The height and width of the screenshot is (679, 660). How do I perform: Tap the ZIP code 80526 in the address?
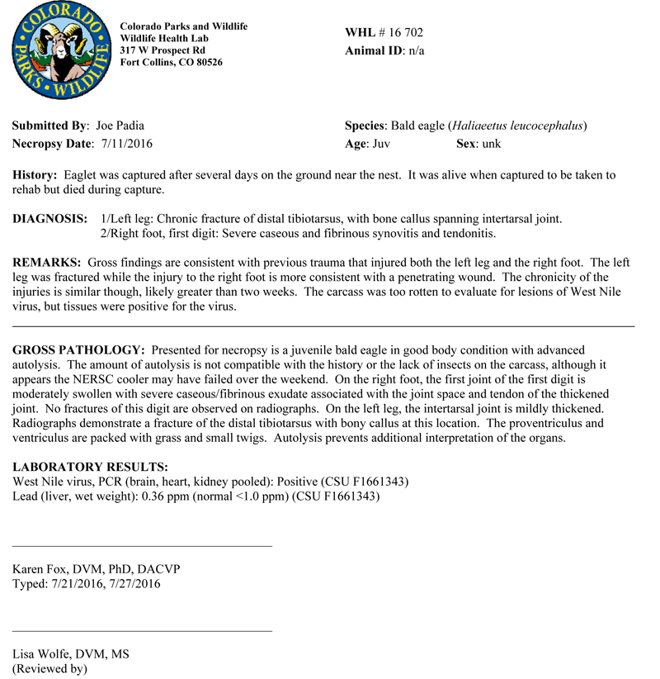tap(206, 62)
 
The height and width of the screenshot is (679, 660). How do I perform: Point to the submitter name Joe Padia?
tap(120, 126)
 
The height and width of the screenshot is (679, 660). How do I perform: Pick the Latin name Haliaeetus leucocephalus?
tap(517, 126)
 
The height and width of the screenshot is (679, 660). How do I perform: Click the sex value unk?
tap(492, 144)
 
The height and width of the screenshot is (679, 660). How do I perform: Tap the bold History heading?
tap(35, 176)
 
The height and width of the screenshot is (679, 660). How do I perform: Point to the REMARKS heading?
tap(46, 263)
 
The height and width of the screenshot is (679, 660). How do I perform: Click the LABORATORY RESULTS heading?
tap(90, 468)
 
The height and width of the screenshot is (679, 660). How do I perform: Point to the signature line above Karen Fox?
tap(142, 546)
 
